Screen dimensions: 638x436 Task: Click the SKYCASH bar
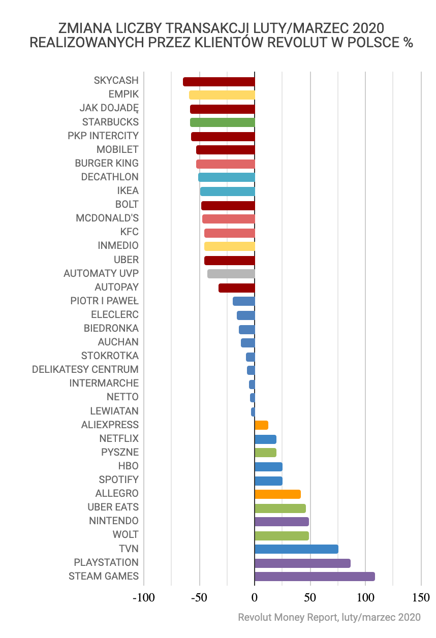click(x=219, y=82)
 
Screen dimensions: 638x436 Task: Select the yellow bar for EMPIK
click(x=222, y=95)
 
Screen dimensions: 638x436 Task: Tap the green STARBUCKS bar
click(x=223, y=122)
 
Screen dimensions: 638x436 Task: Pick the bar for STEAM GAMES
click(x=315, y=577)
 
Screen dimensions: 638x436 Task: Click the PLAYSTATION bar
click(x=302, y=563)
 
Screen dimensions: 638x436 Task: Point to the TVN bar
click(x=296, y=549)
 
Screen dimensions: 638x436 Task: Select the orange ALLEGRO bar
click(x=277, y=494)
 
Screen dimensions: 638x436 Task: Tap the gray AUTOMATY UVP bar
click(x=231, y=274)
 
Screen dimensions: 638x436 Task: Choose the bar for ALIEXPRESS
click(x=261, y=425)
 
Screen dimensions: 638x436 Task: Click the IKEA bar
click(x=228, y=192)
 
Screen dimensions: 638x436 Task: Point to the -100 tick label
click(x=143, y=597)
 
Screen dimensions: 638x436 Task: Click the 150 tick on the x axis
click(x=421, y=597)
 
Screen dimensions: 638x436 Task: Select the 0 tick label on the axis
click(x=255, y=597)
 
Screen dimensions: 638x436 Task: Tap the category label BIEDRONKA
click(x=111, y=329)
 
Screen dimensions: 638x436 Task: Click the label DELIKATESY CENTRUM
click(x=85, y=370)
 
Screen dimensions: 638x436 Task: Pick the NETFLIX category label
click(x=119, y=438)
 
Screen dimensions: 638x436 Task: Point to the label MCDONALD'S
click(x=107, y=218)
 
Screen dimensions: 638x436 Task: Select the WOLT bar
click(x=282, y=535)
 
